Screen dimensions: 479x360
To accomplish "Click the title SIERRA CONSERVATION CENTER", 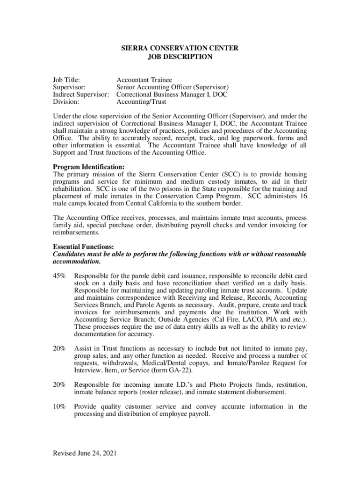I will pos(180,48).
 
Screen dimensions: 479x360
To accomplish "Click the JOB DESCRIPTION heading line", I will pos(180,57).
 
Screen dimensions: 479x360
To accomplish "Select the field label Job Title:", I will pos(66,80).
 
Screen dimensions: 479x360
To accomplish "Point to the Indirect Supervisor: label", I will pos(81,94).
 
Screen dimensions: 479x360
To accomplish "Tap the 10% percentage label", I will pos(59,406).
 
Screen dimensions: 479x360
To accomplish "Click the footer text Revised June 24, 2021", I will pos(85,453).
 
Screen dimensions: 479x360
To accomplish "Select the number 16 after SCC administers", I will pos(302,196).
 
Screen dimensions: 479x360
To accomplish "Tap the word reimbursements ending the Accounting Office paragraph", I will pos(76,232).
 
